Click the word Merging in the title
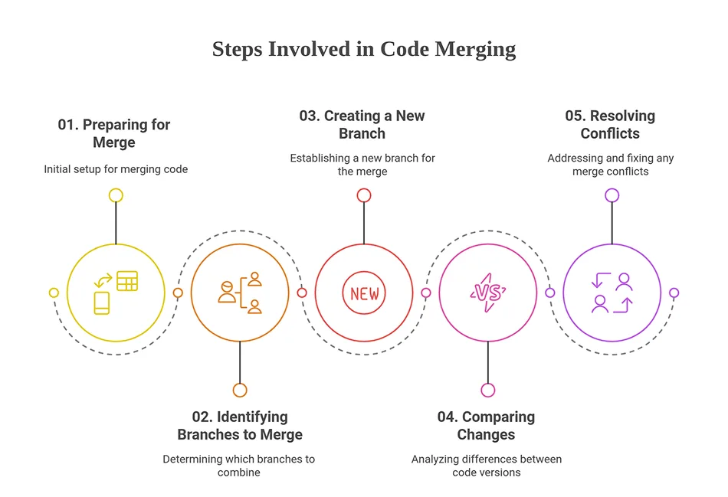coord(475,50)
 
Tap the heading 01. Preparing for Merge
coord(114,133)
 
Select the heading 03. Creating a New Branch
coord(362,124)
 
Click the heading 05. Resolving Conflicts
coord(610,124)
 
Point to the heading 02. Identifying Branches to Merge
coord(240,426)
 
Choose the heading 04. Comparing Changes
coord(486,426)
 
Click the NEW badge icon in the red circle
coord(364,293)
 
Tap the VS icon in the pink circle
coord(488,293)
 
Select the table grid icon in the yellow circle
coord(126,281)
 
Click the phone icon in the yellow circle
coord(102,303)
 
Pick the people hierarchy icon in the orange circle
coord(240,293)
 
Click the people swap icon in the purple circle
coord(612,293)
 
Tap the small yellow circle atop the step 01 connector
coord(116,195)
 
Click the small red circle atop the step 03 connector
coord(364,195)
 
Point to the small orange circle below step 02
coord(240,391)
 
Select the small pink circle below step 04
coord(488,391)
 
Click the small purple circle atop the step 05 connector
coord(612,195)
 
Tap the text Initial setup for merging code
coord(116,169)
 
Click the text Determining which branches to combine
coord(238,466)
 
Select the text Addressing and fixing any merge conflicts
coord(610,165)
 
